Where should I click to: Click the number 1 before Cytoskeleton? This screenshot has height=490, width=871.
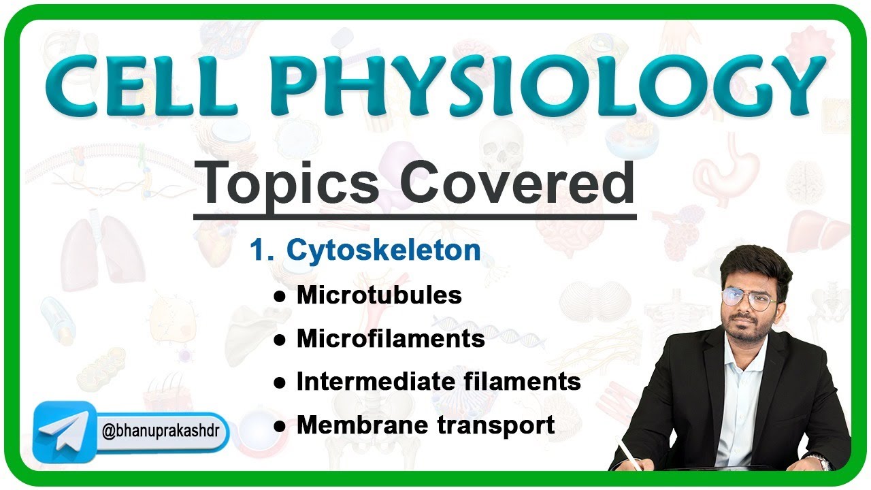[x=257, y=251]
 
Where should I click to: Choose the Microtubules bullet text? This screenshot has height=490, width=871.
[x=379, y=295]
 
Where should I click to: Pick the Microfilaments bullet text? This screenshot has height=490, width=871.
[x=391, y=339]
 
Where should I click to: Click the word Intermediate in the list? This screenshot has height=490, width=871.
[x=371, y=382]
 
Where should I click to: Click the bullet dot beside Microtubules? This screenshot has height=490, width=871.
[x=279, y=297]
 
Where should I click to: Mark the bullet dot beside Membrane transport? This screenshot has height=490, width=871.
[x=279, y=427]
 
